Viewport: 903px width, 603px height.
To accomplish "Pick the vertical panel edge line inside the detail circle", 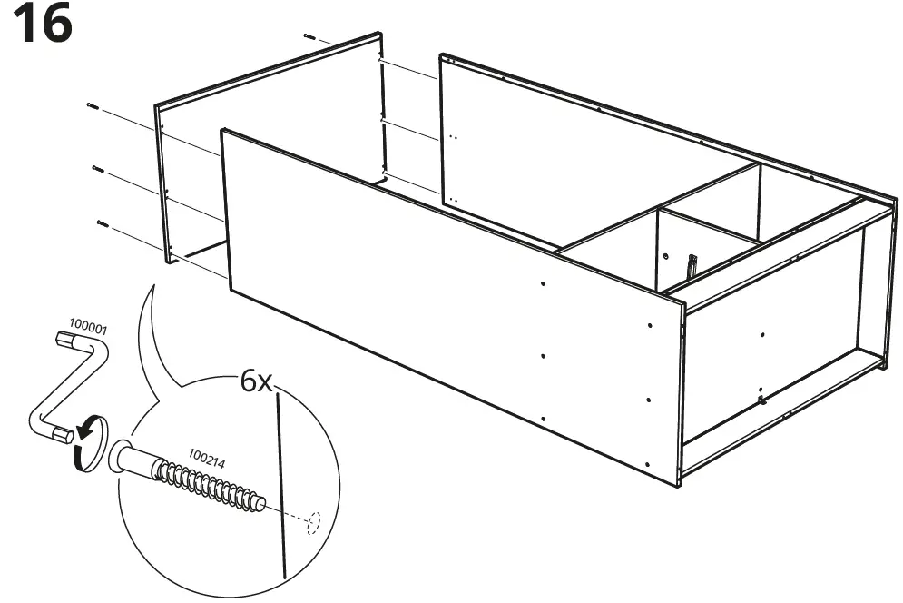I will click(x=282, y=481).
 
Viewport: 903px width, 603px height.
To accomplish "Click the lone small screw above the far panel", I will click(x=309, y=37).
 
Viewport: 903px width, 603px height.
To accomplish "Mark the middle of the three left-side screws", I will click(x=97, y=168).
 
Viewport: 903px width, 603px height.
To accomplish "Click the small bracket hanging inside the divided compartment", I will click(x=692, y=265).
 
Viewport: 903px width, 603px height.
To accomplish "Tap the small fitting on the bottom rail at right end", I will click(x=761, y=397).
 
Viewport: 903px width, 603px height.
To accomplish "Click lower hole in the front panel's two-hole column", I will click(x=649, y=398).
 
